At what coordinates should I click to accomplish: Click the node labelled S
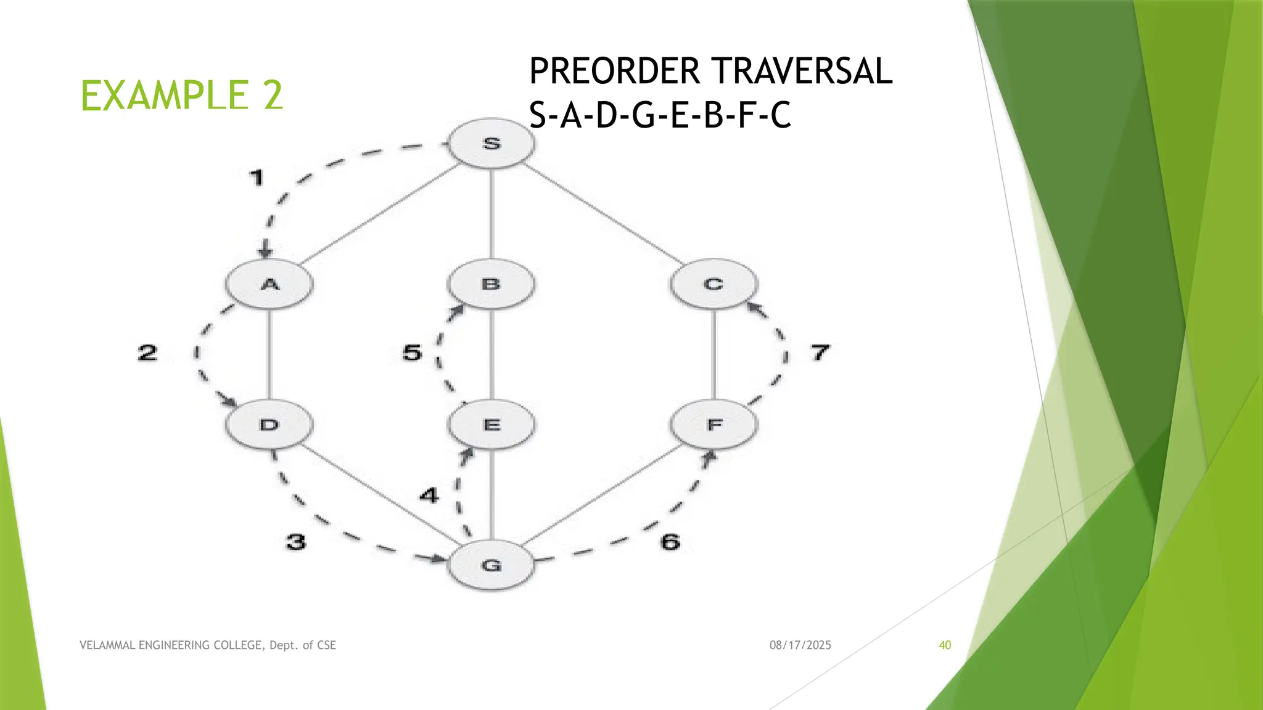tap(492, 144)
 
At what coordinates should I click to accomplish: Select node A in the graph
tap(269, 284)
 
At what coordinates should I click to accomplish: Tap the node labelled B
tap(491, 284)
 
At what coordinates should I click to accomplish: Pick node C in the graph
tap(714, 284)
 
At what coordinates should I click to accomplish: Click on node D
tap(269, 425)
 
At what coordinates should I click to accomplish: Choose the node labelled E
tap(492, 425)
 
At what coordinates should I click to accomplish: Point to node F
tap(714, 425)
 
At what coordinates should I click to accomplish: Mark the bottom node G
tap(492, 565)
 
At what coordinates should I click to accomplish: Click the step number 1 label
tap(257, 178)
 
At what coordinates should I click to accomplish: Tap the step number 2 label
tap(147, 353)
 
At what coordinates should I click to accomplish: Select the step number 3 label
tap(296, 542)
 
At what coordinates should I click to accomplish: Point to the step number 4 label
tap(429, 495)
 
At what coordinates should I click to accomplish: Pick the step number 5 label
tap(412, 353)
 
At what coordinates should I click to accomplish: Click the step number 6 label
tap(670, 542)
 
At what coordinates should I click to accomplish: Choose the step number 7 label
tap(820, 353)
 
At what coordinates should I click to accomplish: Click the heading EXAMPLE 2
tap(181, 96)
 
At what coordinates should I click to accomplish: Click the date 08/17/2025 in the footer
tap(800, 645)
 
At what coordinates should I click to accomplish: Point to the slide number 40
tap(945, 645)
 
